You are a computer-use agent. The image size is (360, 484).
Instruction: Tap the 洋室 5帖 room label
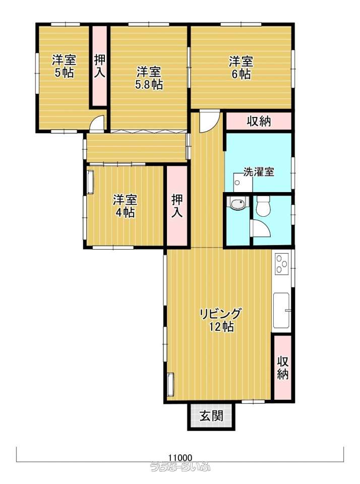point(64,66)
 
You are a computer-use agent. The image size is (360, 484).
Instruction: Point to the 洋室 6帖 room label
point(241,68)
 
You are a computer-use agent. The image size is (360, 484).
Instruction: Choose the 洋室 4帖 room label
point(125,206)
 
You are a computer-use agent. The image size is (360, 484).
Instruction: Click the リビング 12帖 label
point(220,320)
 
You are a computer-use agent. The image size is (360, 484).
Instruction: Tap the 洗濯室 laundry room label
point(259,171)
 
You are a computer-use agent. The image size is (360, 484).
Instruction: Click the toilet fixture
point(263,206)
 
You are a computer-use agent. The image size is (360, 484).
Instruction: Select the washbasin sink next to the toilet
point(237,203)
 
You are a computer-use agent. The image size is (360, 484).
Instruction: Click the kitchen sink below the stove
point(281,310)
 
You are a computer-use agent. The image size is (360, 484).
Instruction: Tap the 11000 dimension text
point(181,457)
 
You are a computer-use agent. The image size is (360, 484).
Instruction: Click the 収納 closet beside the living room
point(283,368)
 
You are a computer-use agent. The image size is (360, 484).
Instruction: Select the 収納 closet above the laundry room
point(259,121)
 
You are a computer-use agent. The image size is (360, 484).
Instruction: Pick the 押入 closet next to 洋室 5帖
point(99,66)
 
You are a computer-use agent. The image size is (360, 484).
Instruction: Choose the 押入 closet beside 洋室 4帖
point(177,206)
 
